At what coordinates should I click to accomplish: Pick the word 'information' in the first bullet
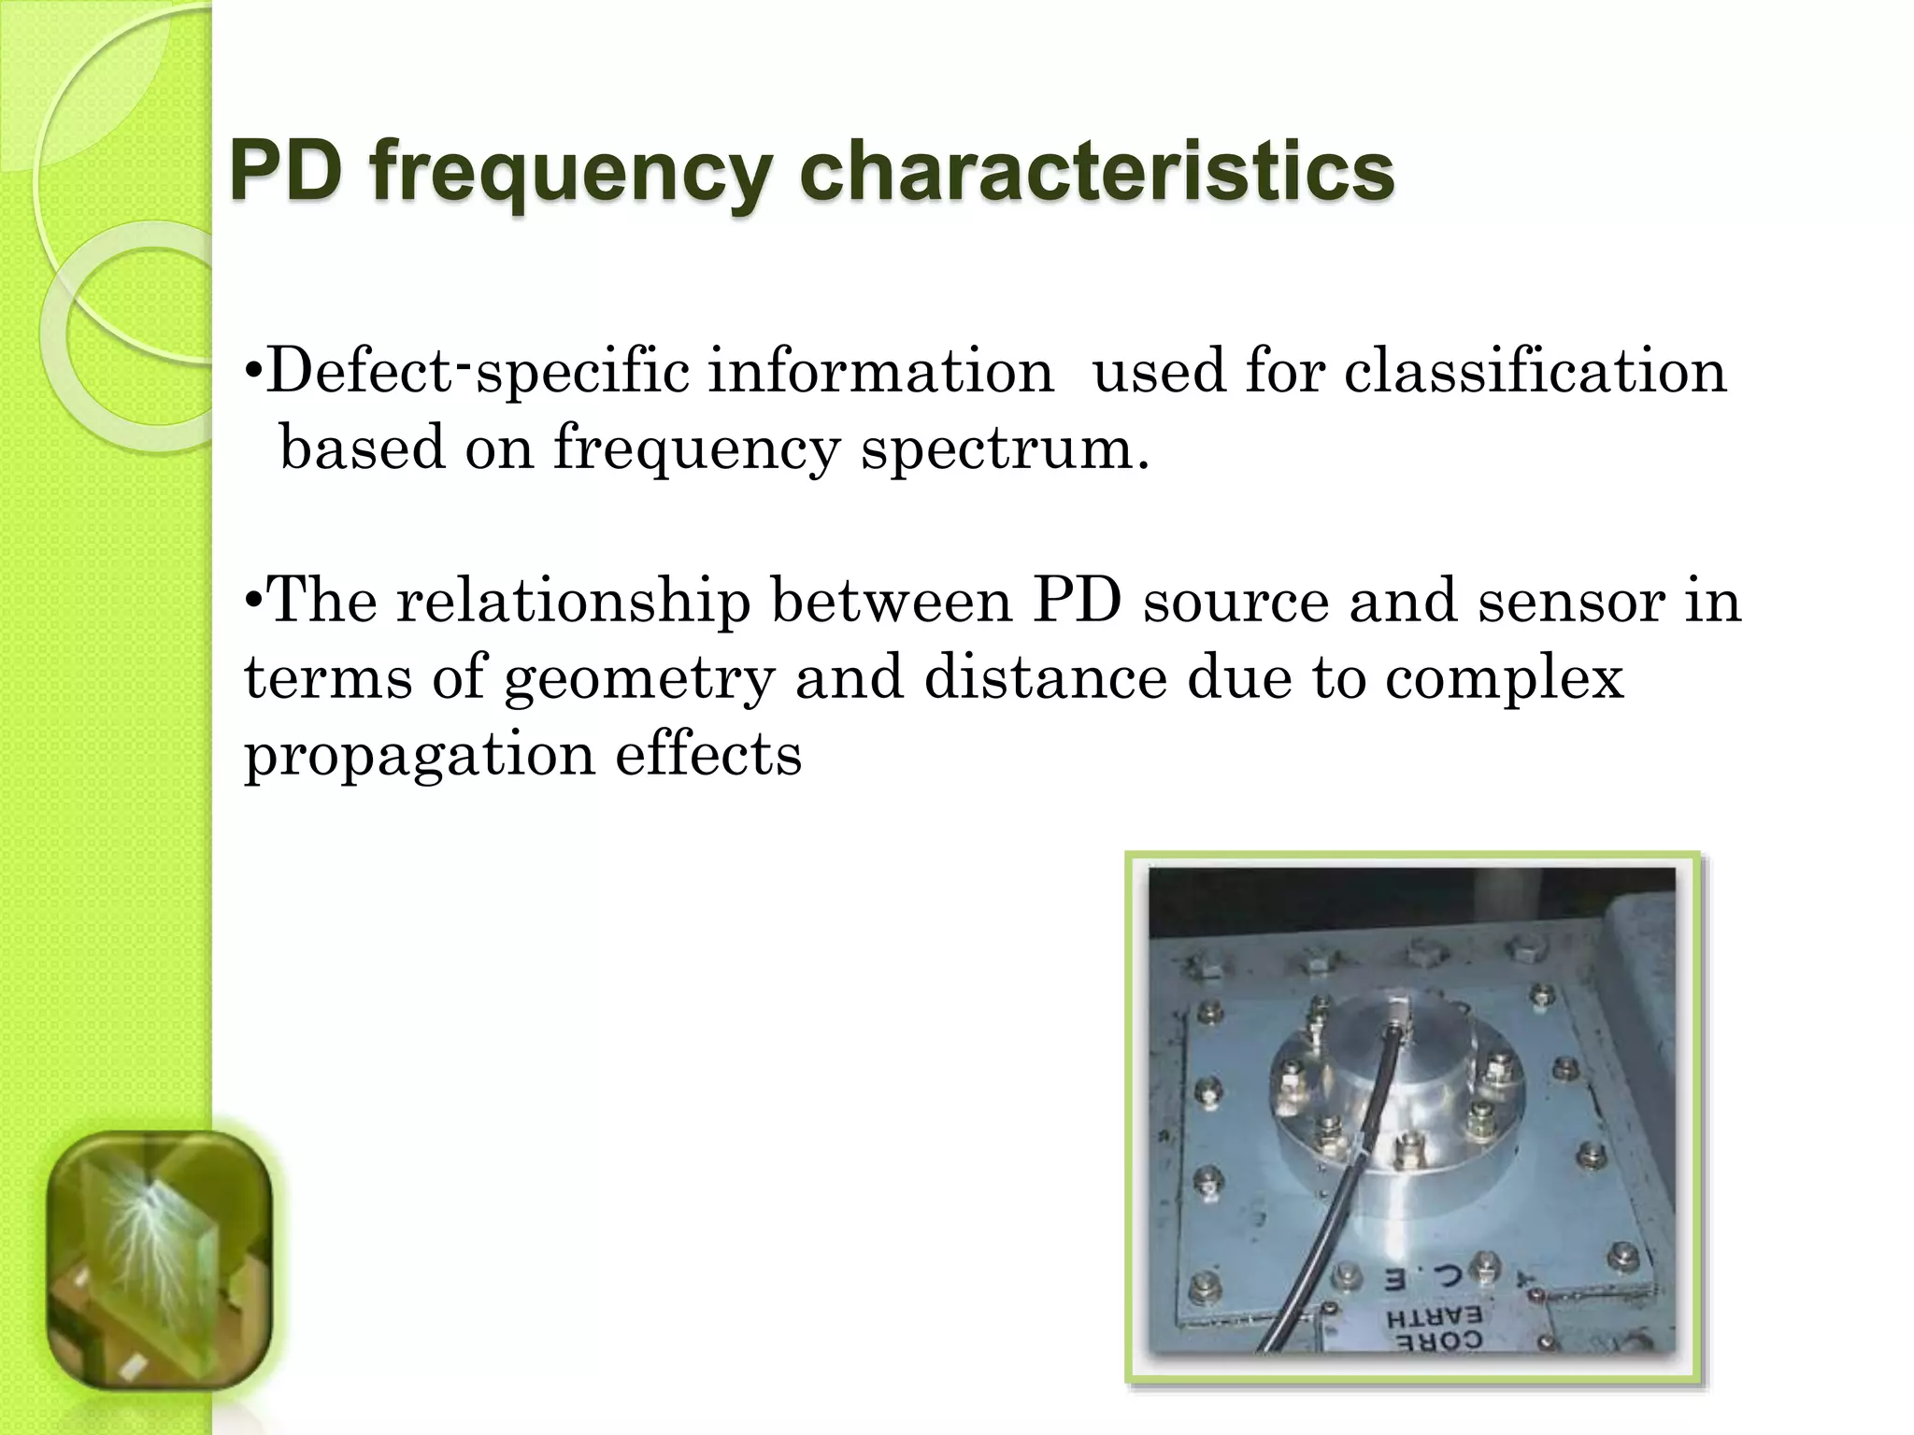(879, 371)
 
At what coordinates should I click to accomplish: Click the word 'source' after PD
(1236, 602)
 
